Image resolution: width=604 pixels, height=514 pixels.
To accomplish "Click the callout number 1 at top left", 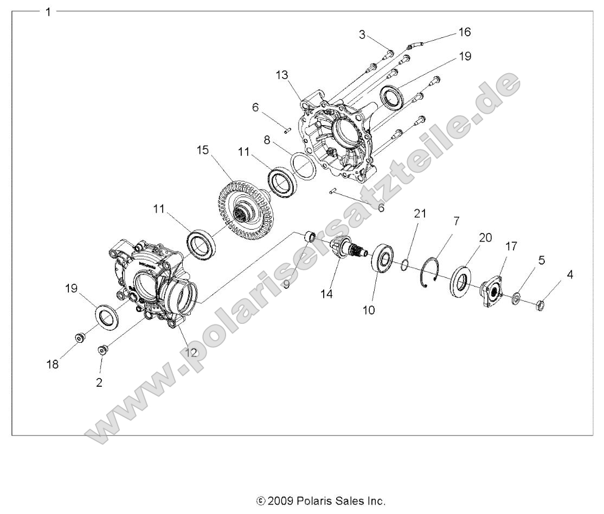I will pyautogui.click(x=49, y=12).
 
